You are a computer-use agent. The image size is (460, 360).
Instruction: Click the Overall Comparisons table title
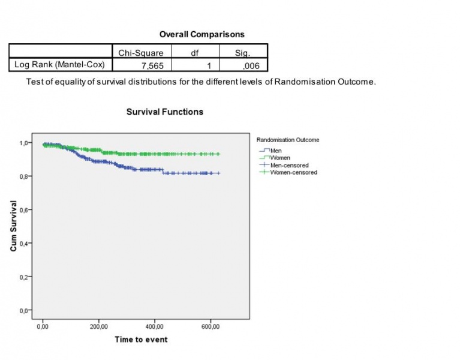click(202, 34)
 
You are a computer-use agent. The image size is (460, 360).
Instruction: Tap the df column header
click(194, 52)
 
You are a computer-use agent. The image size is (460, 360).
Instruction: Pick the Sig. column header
click(242, 52)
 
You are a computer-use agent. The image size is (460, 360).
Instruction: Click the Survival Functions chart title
click(165, 112)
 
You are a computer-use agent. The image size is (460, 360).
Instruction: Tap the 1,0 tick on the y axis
click(23, 143)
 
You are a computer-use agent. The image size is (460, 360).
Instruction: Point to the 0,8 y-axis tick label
click(23, 176)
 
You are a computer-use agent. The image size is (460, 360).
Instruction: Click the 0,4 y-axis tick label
click(23, 244)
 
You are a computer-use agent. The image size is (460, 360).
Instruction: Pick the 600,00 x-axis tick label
click(210, 326)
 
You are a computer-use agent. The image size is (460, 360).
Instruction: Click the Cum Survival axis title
click(13, 226)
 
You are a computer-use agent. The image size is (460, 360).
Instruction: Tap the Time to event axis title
click(141, 340)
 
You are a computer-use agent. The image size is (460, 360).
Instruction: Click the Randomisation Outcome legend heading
click(287, 140)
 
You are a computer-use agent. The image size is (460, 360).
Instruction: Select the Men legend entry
click(276, 151)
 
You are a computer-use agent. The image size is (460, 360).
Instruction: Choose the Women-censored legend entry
click(293, 172)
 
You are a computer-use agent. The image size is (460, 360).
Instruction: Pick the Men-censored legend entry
click(289, 165)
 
